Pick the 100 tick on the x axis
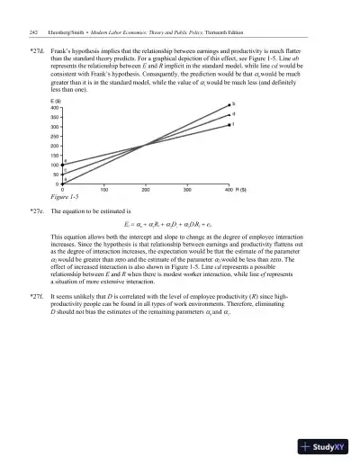pyautogui.click(x=104, y=191)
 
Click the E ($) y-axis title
pyautogui.click(x=57, y=101)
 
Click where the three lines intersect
pyautogui.click(x=146, y=145)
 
